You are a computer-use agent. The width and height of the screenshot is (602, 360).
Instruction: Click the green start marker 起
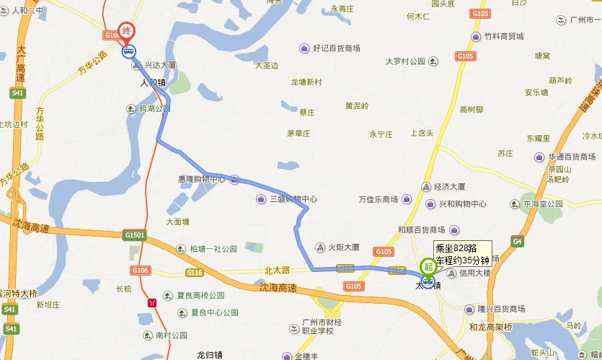click(x=428, y=266)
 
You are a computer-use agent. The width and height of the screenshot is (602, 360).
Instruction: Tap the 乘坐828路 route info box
click(x=462, y=253)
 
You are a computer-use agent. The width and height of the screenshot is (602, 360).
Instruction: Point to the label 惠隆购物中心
click(x=202, y=179)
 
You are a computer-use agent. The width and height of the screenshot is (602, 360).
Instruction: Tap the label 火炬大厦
click(x=343, y=247)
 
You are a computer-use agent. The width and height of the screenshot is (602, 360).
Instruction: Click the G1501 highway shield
click(x=135, y=235)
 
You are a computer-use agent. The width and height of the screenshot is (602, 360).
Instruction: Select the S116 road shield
click(x=194, y=273)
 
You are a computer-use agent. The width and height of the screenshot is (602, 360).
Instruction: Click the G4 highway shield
click(x=518, y=240)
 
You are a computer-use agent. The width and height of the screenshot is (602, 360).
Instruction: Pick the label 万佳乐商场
click(x=379, y=199)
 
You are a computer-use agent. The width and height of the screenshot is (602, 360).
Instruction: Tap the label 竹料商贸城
click(x=503, y=36)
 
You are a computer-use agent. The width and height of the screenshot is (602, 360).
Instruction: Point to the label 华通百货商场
click(x=572, y=157)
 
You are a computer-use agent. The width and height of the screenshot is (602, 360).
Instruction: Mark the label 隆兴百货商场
click(x=500, y=309)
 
